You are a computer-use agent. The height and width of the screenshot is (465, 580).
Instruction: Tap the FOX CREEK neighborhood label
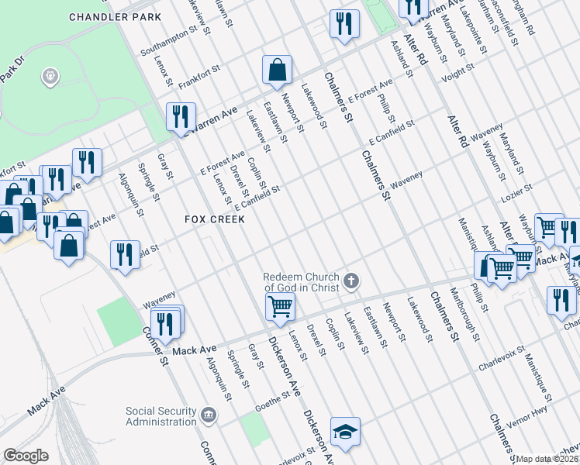pyautogui.click(x=215, y=219)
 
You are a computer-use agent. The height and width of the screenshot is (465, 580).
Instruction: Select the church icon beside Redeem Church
pyautogui.click(x=352, y=281)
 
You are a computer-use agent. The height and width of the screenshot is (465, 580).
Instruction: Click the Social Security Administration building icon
pyautogui.click(x=208, y=415)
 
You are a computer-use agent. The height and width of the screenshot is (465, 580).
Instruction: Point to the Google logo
pyautogui.click(x=26, y=456)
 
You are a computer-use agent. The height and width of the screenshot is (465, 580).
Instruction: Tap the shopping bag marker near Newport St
pyautogui.click(x=277, y=71)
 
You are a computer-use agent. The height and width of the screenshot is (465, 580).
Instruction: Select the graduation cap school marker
pyautogui.click(x=345, y=431)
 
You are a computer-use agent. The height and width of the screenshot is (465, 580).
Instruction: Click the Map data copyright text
pyautogui.click(x=547, y=459)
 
